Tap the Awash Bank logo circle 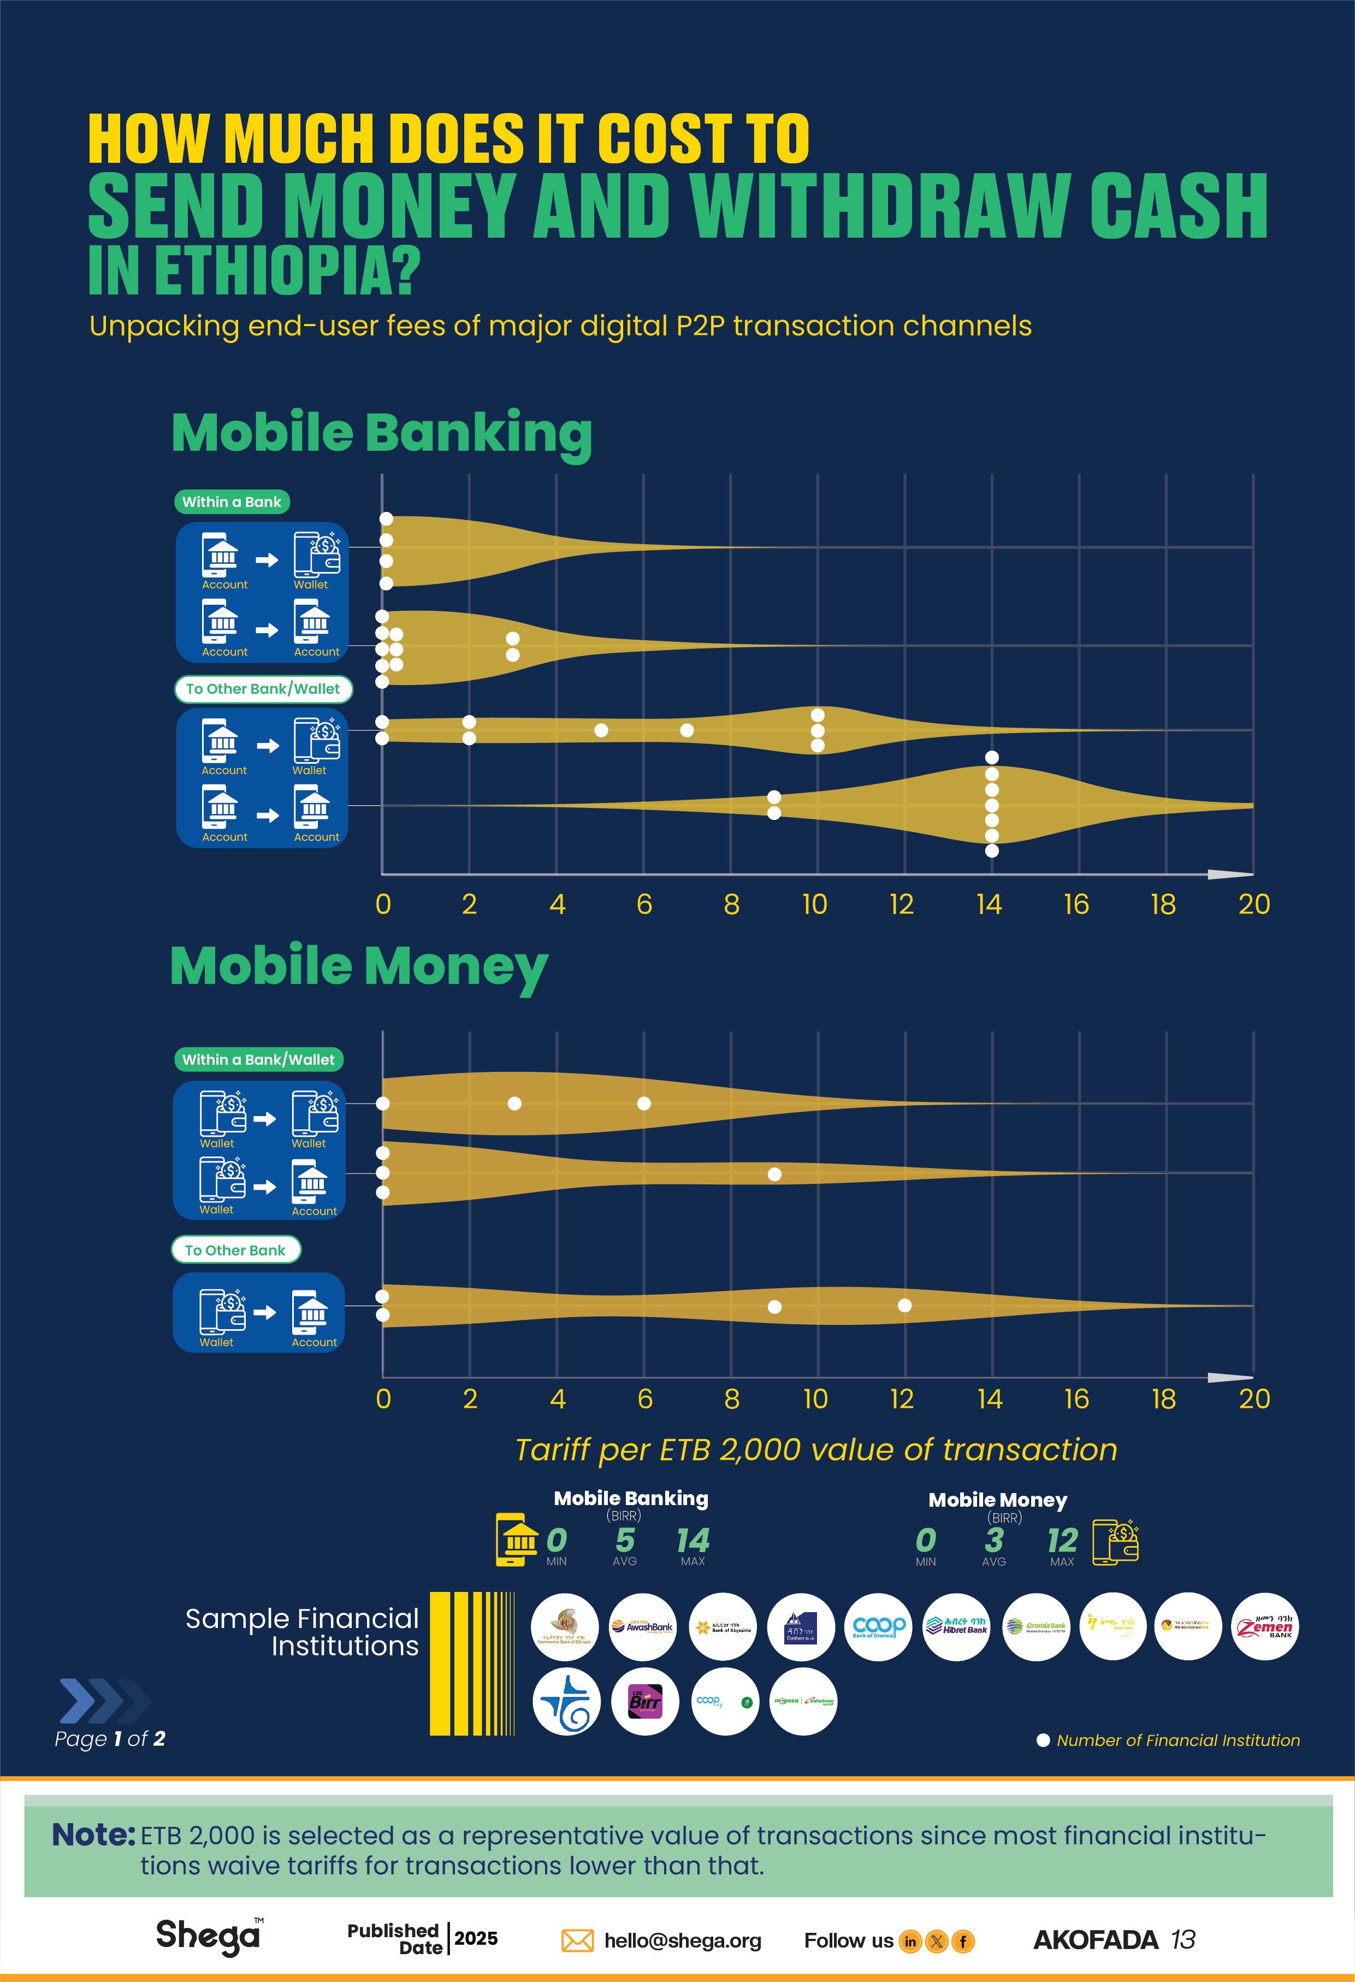click(643, 1626)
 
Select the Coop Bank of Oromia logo click(878, 1626)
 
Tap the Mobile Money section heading click(358, 966)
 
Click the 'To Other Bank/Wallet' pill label click(263, 688)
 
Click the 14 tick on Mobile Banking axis click(989, 904)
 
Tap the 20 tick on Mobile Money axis click(1253, 1399)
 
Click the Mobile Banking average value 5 click(625, 1540)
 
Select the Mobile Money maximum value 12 click(1062, 1540)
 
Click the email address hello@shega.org click(682, 1940)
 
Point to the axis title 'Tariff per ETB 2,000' click(816, 1450)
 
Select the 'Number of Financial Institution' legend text click(1178, 1740)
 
